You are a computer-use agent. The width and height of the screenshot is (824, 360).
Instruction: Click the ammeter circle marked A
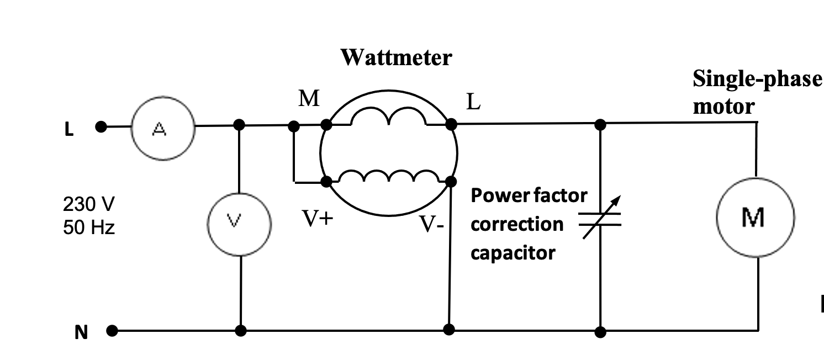[x=163, y=129]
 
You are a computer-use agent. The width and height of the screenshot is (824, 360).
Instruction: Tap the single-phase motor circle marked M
[x=755, y=217]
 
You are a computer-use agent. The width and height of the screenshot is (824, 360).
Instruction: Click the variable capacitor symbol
[x=600, y=219]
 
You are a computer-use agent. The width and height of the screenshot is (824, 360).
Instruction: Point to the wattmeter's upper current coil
[x=389, y=117]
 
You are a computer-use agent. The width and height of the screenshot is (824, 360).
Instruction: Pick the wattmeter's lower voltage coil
[x=389, y=176]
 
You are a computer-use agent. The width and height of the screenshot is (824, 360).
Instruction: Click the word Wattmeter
[x=395, y=57]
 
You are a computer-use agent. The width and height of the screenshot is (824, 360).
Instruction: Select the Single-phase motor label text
[x=757, y=92]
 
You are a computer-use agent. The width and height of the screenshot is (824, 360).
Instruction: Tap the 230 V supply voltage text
[x=88, y=204]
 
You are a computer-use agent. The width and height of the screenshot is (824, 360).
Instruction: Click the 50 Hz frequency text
[x=88, y=227]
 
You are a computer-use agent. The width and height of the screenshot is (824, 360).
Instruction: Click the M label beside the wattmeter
[x=309, y=98]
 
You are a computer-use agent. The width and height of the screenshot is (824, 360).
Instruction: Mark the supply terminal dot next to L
[x=101, y=127]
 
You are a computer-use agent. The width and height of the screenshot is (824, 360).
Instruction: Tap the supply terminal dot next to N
[x=112, y=331]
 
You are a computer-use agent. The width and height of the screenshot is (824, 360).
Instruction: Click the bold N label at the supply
[x=81, y=333]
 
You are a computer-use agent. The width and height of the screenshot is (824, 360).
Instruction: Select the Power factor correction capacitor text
[x=529, y=224]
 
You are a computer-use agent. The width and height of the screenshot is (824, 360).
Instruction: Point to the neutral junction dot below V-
[x=449, y=330]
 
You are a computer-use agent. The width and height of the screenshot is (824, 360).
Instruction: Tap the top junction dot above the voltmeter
[x=239, y=125]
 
